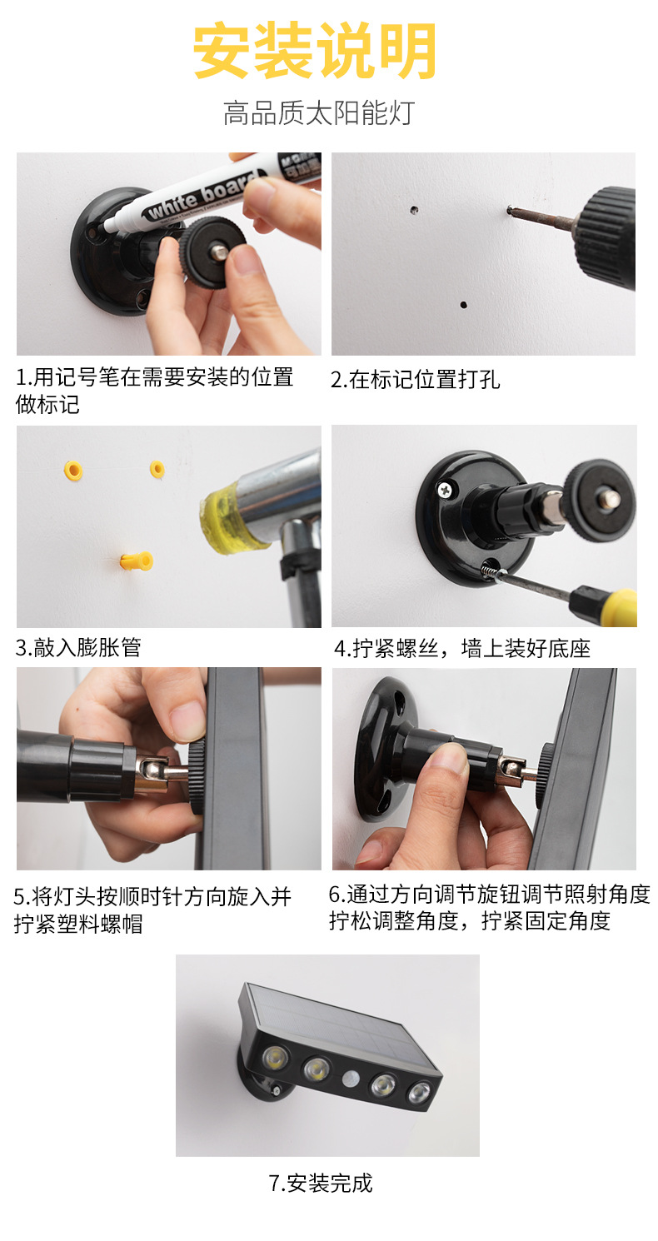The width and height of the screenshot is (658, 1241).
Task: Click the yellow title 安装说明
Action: point(315,51)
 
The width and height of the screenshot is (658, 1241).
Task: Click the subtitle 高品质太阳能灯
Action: point(319,113)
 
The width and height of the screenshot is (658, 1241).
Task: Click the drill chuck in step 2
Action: point(606,238)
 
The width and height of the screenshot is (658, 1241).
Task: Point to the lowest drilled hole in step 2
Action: point(463,305)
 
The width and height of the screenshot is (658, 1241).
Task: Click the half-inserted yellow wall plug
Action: point(137,561)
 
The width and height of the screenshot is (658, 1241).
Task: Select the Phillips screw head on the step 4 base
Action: point(446,489)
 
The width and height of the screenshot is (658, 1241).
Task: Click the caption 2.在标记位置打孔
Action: point(416,380)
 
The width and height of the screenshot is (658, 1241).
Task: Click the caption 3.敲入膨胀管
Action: point(78,647)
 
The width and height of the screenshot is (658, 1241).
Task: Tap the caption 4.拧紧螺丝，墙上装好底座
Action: point(462,648)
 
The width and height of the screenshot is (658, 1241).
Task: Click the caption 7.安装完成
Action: point(321,1183)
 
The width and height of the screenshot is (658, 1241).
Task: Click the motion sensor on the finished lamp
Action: point(350,1078)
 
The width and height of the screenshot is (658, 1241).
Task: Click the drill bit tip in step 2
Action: point(510,209)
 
